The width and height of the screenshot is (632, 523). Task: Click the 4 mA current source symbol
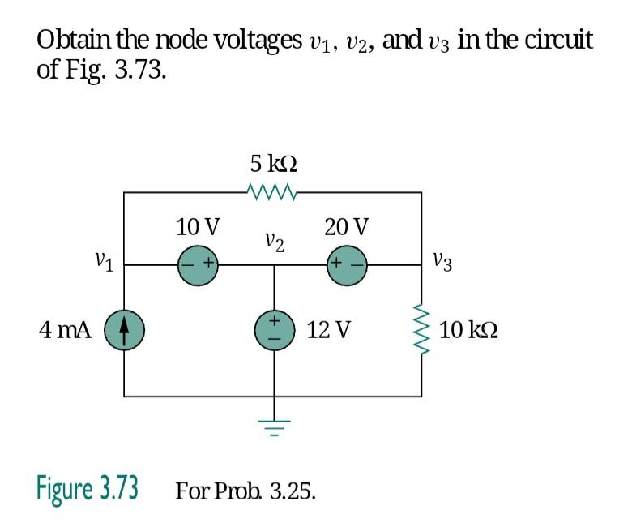pos(124,330)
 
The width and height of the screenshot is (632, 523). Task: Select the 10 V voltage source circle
pos(199,264)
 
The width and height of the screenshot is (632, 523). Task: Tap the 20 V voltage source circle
pos(347,264)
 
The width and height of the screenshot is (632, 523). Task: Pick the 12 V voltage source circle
pos(273,330)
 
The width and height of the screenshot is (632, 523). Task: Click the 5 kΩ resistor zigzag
pos(273,192)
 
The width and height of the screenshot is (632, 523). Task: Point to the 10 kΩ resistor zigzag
pos(421,330)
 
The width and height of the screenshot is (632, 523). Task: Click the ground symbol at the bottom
pos(273,426)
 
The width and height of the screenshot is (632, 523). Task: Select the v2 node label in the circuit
pos(274,241)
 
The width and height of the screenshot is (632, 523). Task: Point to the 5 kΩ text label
pos(273,164)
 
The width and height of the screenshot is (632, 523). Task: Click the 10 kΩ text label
pos(469,330)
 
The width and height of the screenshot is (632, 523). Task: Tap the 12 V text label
pos(329,330)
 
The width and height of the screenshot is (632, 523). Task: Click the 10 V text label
pos(198,225)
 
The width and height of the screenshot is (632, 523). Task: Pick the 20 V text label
pos(346,225)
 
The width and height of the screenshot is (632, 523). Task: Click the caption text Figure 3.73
pos(87,490)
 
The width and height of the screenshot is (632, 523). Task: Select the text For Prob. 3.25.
pos(246,491)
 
